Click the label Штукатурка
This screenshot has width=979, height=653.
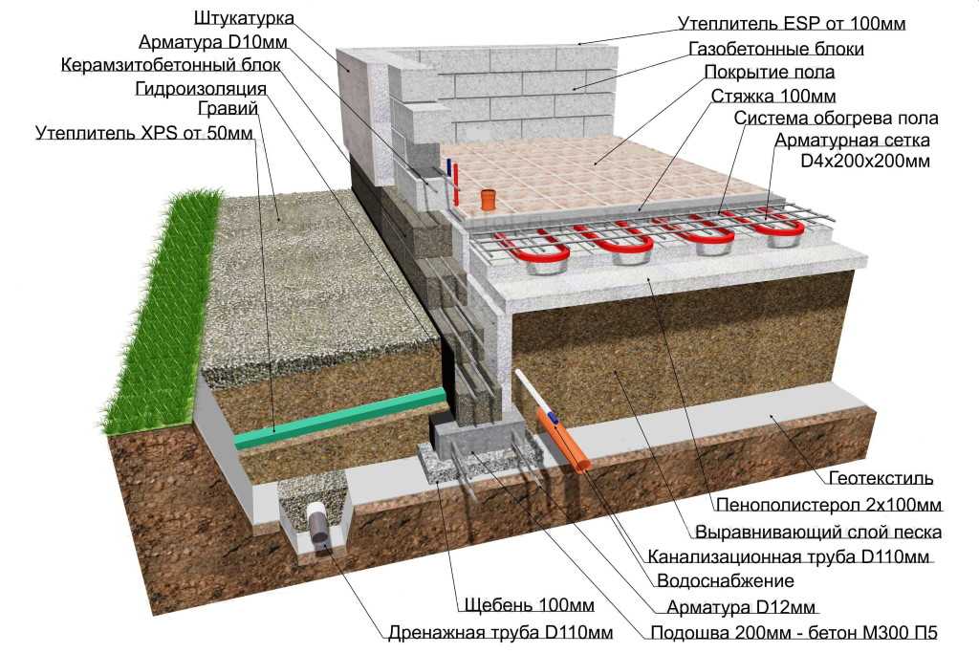coord(244,19)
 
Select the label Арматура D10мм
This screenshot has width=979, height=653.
coord(213,42)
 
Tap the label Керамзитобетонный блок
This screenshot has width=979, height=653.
coord(170,66)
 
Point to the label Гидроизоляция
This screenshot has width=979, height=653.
coord(201,89)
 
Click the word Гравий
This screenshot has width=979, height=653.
coord(228,109)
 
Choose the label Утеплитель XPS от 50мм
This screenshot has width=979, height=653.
coord(144,134)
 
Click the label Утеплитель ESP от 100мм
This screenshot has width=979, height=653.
coord(792,24)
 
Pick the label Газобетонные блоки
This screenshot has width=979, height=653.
coord(776,49)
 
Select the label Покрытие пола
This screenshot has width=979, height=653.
coord(770,73)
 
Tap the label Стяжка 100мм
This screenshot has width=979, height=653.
coord(772,97)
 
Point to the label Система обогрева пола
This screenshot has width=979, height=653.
coord(836,119)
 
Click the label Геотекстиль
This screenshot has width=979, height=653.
coord(881,478)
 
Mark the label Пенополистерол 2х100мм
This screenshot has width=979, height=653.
coord(829,505)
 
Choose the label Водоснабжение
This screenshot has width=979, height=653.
coord(726,581)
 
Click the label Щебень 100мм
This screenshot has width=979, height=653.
coord(529,605)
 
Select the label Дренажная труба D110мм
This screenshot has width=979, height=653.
coord(500,633)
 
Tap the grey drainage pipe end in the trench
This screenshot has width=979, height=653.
coord(319,529)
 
